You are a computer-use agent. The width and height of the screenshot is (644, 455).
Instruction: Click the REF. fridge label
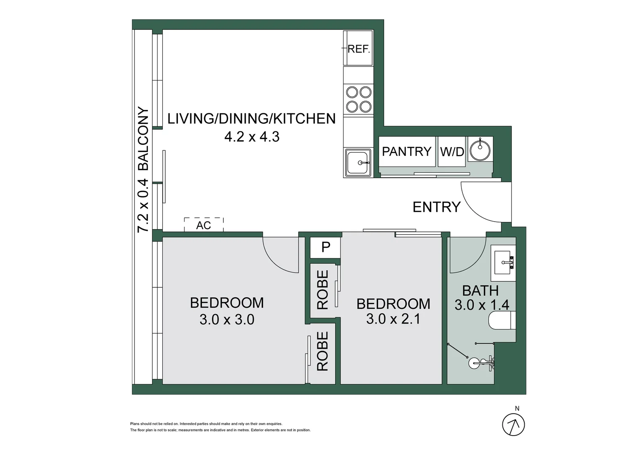[359, 49]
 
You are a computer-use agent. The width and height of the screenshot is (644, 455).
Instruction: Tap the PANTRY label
[407, 152]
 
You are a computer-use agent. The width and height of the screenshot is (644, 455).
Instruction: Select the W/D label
[452, 152]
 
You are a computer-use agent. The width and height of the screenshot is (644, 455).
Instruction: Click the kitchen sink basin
[358, 163]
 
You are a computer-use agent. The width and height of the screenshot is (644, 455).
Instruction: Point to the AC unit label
[204, 226]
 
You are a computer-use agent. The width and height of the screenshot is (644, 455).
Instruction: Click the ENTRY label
[436, 207]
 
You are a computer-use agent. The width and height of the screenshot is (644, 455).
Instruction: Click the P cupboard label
[326, 247]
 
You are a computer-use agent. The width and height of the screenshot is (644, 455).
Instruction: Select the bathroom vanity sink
[503, 263]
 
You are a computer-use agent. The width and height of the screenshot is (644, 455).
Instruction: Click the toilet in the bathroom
[502, 321]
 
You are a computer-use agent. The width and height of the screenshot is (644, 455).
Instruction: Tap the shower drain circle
[474, 363]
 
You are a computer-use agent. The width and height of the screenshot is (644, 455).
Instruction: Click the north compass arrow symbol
[513, 425]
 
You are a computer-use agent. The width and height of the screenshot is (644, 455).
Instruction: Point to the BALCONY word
[143, 139]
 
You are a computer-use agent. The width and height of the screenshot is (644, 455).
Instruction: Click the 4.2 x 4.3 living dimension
[252, 137]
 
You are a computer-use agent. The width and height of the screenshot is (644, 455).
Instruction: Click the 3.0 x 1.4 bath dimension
[482, 305]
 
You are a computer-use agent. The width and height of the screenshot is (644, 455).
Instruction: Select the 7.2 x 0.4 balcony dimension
[143, 206]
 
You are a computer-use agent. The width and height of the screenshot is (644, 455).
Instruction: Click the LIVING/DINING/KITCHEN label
[252, 119]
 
